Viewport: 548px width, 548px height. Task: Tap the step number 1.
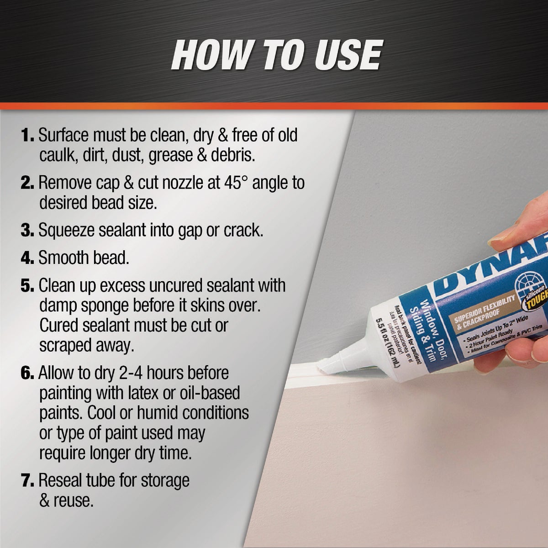coord(27,136)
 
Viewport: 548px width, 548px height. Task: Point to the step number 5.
coord(27,286)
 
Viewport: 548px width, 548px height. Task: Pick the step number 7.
coord(27,480)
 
